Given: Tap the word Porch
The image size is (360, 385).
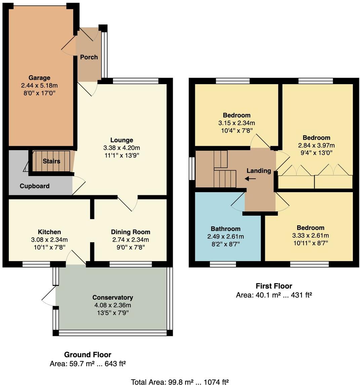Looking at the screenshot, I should [89, 57].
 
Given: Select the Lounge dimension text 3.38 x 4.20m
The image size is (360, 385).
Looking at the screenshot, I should [122, 148].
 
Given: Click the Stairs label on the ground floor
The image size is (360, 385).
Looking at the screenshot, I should [51, 161].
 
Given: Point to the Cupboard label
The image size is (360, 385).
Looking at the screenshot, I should [34, 186].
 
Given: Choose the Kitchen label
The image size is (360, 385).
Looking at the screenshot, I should [49, 232].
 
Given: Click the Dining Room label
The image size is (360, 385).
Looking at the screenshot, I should [130, 232].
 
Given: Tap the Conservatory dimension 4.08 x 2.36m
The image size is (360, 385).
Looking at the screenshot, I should [113, 305].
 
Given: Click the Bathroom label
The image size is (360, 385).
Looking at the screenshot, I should [226, 229].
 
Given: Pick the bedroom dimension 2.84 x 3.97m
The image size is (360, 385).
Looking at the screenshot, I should [316, 145].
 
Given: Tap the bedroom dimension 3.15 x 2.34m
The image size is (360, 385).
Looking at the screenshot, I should [236, 123].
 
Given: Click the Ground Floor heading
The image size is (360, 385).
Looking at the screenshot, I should [87, 354].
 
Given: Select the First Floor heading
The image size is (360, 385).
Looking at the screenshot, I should [274, 286].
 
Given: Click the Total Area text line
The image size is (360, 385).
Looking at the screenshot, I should [180, 382].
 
